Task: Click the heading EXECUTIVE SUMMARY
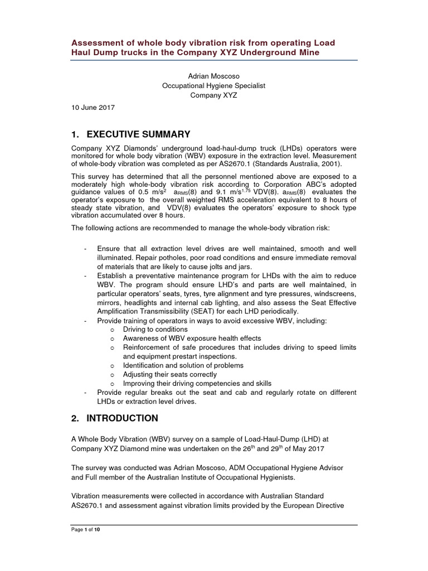tap(130, 134)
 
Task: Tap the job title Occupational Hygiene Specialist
tap(213, 86)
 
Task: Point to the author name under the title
tap(213, 76)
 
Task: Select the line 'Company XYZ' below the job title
tap(213, 95)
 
